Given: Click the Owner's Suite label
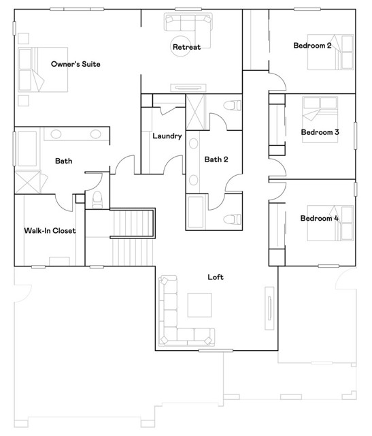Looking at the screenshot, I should [75, 64].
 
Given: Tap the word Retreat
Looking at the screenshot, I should [186, 47].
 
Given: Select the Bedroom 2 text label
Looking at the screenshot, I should [312, 46].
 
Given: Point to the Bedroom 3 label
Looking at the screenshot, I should [320, 131].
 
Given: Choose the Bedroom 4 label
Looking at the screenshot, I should [319, 218].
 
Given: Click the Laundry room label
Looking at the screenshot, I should [167, 136].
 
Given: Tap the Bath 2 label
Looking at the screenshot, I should [216, 159].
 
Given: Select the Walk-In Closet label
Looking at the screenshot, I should [50, 230].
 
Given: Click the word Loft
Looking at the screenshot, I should [216, 277].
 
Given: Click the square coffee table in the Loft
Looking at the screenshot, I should [200, 305].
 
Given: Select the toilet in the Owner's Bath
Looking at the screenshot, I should [97, 198].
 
